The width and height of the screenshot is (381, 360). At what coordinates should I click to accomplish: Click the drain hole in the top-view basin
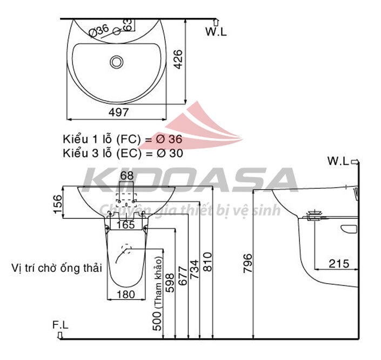(x=117, y=62)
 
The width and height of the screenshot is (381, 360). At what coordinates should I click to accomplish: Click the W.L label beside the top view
(x=216, y=31)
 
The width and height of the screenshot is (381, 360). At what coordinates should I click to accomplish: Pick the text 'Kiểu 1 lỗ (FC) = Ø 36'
(x=123, y=139)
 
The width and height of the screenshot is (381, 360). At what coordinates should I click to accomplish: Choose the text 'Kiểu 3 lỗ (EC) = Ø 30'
(x=123, y=153)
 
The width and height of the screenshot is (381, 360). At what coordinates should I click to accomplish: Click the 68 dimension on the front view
(x=126, y=176)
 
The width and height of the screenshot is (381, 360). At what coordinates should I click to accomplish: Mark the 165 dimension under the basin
(x=126, y=225)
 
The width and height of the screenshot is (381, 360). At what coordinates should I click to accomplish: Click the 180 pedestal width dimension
(x=126, y=295)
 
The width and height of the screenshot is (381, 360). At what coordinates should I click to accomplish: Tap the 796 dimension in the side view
(x=248, y=263)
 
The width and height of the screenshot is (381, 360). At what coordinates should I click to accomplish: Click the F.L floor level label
(x=60, y=325)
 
